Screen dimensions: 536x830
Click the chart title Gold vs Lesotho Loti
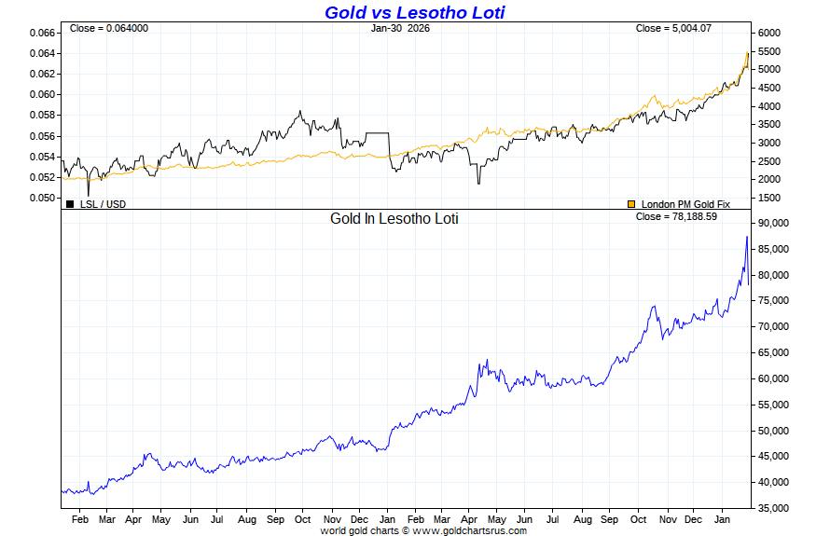415,12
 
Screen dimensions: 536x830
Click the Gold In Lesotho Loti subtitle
394,218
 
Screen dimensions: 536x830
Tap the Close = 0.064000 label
108,28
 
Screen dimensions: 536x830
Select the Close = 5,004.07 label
673,28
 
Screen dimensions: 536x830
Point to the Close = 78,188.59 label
676,216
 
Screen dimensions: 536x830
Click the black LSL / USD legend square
70,203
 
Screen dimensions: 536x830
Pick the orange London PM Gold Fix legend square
631,203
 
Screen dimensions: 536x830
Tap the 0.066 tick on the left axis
43,33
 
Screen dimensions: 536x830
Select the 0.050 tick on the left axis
43,198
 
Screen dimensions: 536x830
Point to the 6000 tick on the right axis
769,33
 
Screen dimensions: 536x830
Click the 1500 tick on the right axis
769,198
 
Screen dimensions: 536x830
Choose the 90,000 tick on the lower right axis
776,224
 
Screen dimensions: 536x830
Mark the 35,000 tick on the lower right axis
776,508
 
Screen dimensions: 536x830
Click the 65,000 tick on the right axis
776,352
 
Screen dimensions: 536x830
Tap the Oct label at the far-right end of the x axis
639,518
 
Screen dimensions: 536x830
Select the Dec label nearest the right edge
693,518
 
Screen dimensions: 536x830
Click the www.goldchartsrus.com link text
469,530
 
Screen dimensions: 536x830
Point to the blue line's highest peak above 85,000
747,237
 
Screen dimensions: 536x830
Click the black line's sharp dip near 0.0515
478,183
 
